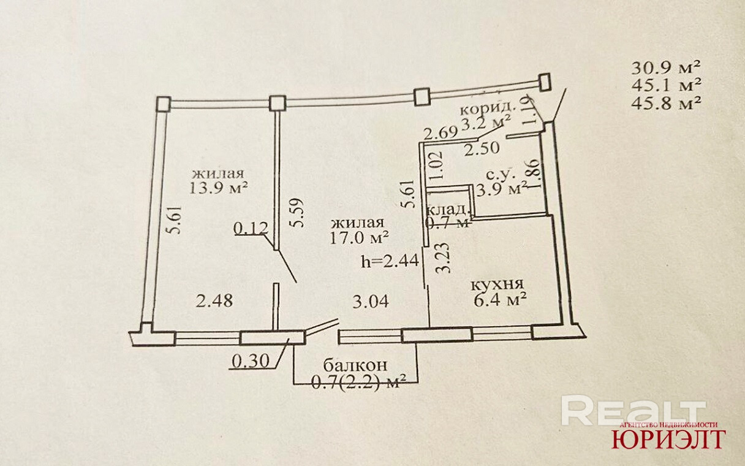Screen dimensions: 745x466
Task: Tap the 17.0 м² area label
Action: tap(359, 236)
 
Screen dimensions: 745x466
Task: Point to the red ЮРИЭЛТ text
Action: tap(668, 438)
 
